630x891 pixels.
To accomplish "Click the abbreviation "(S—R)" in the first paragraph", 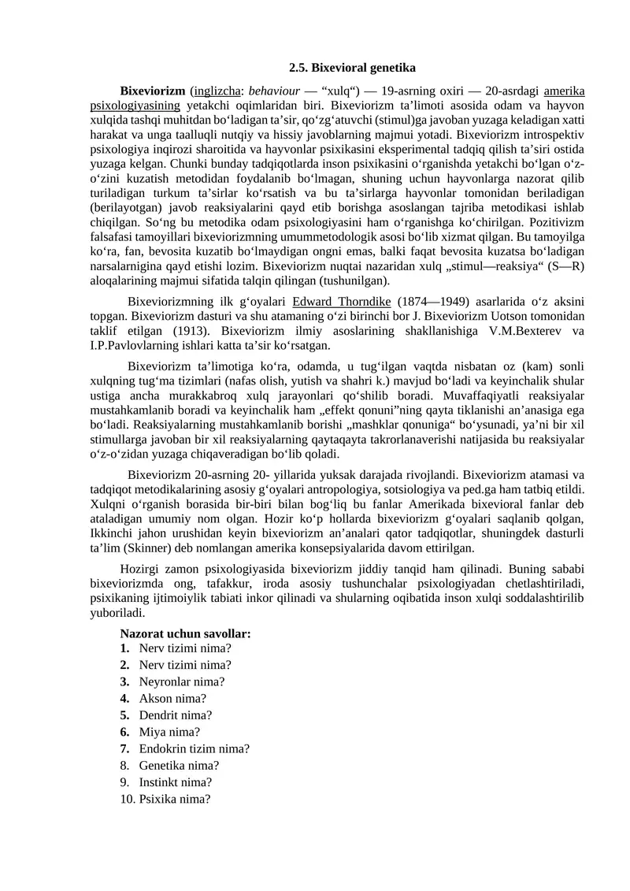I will (566, 265).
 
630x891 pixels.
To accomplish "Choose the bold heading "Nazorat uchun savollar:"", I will (185, 633).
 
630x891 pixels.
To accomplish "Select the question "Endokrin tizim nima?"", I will (195, 748).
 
